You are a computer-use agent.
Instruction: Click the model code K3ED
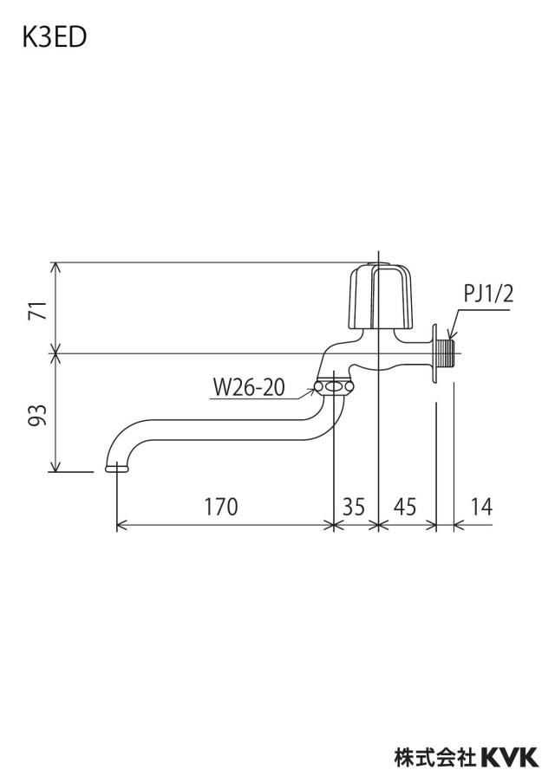(x=54, y=38)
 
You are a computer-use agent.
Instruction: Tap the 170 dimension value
(x=220, y=507)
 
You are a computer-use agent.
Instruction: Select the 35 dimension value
(x=354, y=507)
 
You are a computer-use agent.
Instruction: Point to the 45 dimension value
(x=404, y=507)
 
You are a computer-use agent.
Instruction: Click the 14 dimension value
(x=481, y=507)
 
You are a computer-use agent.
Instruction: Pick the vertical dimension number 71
(x=40, y=310)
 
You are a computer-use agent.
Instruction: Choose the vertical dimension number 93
(x=40, y=415)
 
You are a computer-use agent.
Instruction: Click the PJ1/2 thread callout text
(x=488, y=294)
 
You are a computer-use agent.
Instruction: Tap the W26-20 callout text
(x=249, y=387)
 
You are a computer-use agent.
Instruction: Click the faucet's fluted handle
(x=381, y=296)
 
